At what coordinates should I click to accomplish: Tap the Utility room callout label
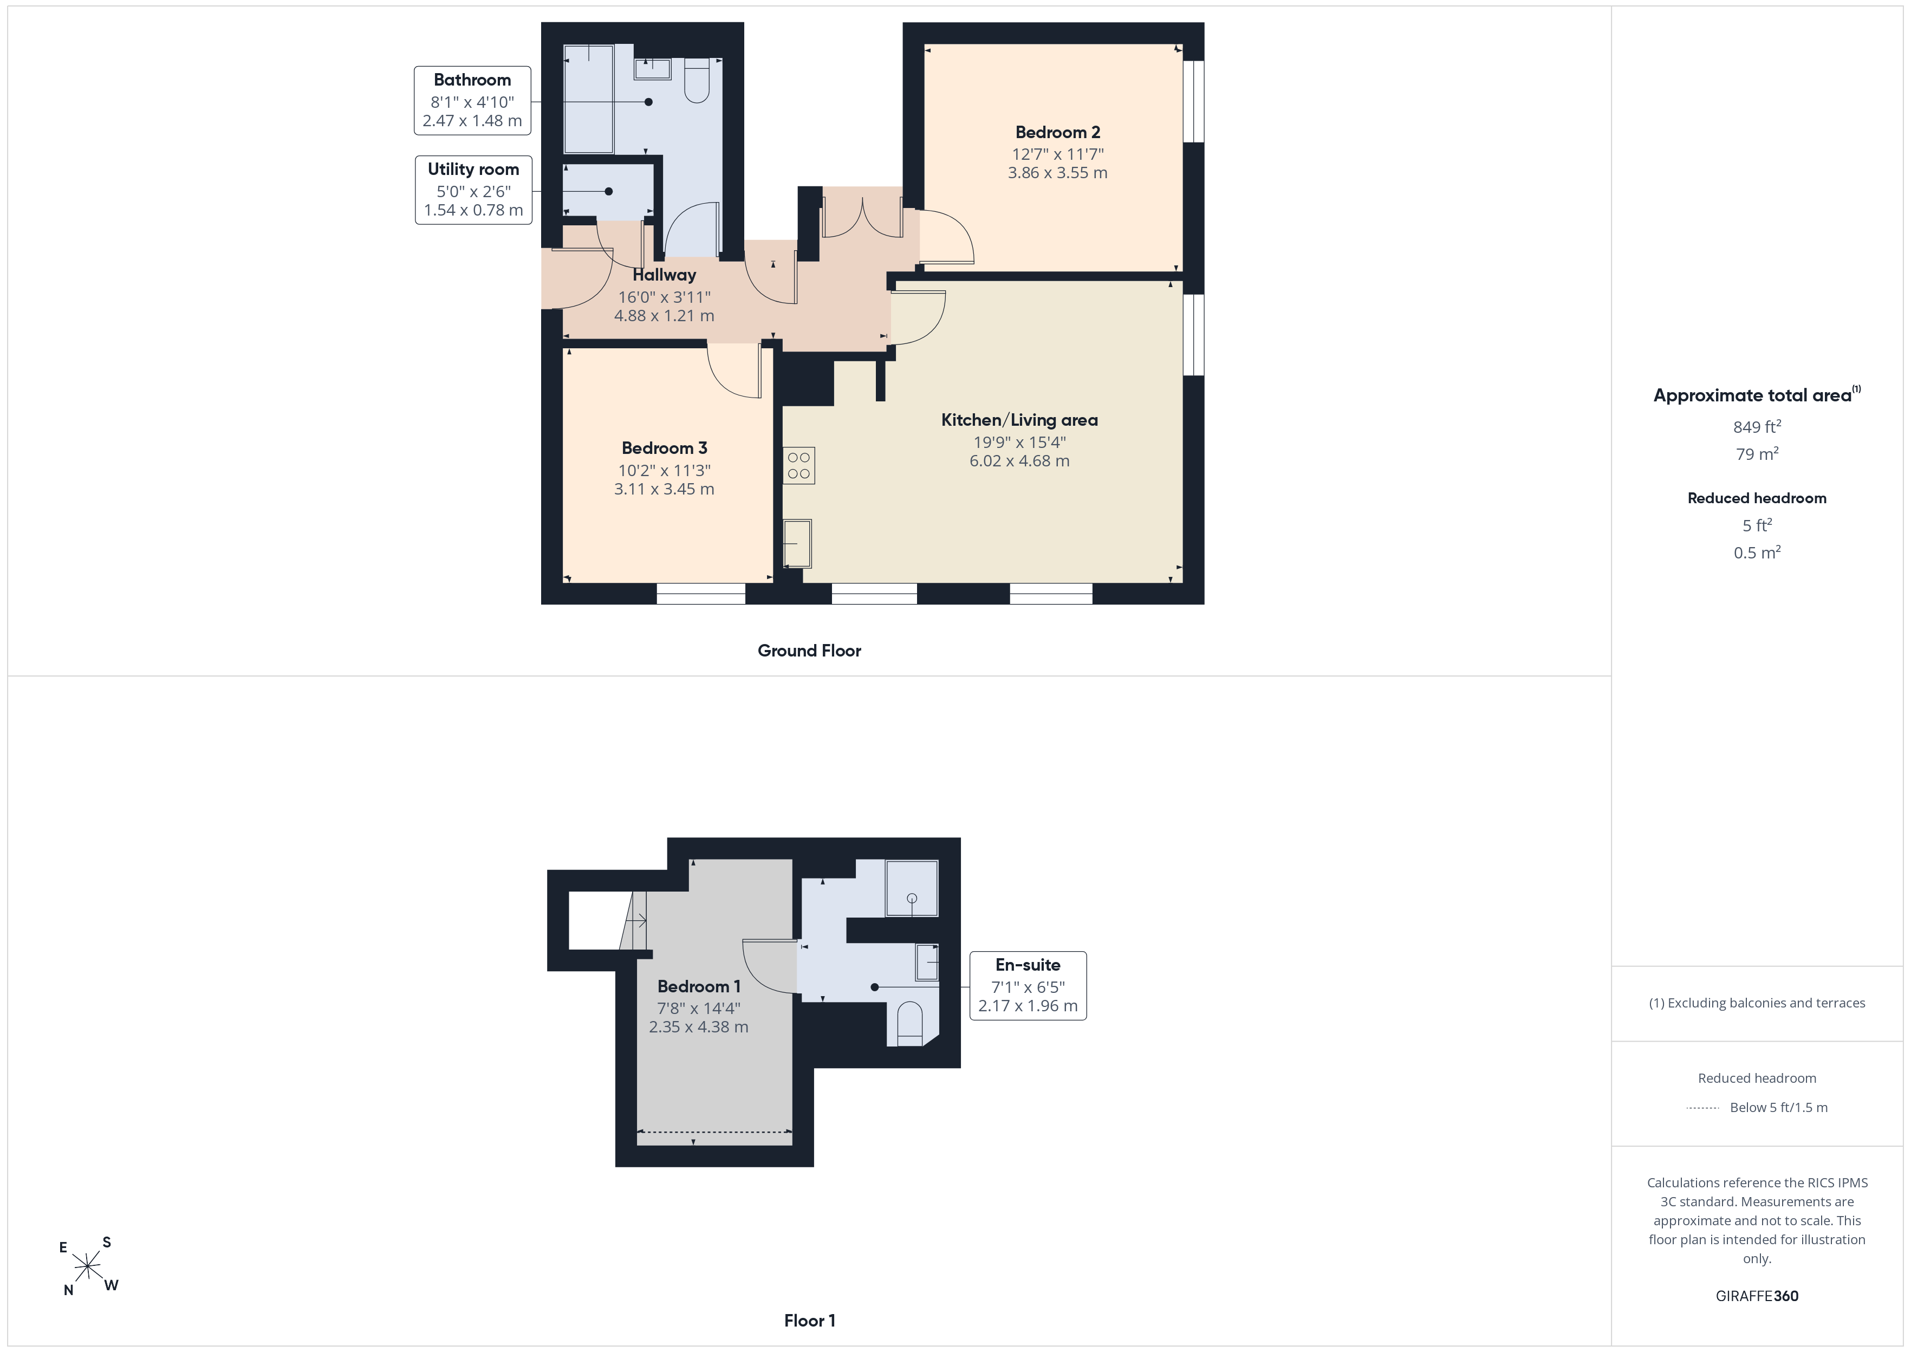pos(473,190)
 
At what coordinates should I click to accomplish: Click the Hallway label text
pos(664,275)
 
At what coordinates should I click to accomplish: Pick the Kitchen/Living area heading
pos(1019,420)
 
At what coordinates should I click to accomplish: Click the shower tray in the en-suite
pos(912,887)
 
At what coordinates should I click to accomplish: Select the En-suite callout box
pos(1028,986)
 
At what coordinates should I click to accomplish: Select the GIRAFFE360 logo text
pos(1757,1296)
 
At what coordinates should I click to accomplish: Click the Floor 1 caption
pos(810,1321)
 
